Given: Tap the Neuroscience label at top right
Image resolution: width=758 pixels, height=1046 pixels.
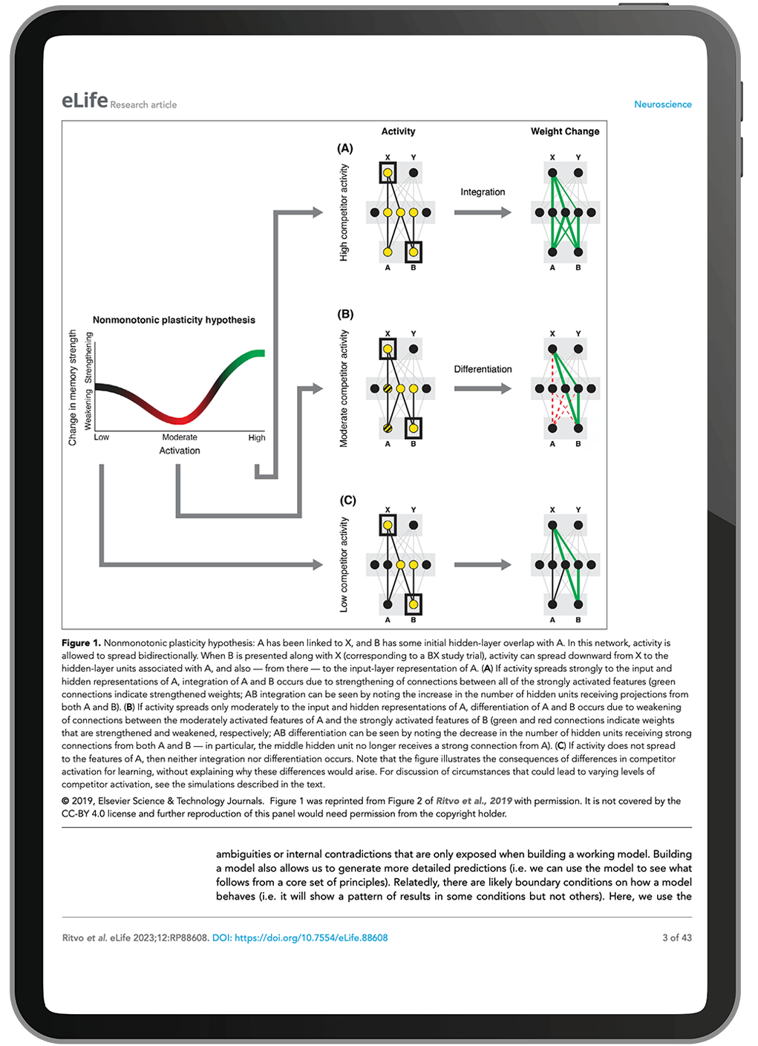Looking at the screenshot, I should tap(662, 105).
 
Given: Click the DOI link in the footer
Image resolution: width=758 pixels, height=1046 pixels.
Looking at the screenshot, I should tap(300, 938).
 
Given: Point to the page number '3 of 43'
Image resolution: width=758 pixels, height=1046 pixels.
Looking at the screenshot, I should tap(676, 938).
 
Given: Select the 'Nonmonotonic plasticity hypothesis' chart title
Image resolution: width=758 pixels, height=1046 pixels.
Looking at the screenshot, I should tap(174, 320).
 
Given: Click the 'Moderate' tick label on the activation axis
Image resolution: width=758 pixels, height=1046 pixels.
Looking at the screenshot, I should tap(180, 437).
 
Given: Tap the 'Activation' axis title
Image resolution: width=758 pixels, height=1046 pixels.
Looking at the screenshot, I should tap(180, 451).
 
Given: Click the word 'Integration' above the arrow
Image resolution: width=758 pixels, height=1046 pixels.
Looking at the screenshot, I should tap(483, 192).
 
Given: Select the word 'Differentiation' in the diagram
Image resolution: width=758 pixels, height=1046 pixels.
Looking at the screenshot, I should tap(483, 369).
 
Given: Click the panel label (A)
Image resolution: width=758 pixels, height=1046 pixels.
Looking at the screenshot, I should tap(345, 148).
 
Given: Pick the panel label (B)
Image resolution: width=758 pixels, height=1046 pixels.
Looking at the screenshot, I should tap(345, 314).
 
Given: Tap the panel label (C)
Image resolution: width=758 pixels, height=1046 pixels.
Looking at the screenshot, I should tap(347, 500).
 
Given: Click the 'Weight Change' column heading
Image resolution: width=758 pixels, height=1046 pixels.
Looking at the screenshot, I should tap(565, 131).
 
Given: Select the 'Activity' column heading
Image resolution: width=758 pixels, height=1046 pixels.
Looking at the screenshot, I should tap(398, 131).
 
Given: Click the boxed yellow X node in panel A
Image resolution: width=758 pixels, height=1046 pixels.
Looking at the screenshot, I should tap(388, 173).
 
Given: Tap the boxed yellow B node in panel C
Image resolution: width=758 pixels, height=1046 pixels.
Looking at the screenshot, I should tap(414, 604).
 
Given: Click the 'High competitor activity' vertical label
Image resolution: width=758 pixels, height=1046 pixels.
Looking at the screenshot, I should tap(344, 212).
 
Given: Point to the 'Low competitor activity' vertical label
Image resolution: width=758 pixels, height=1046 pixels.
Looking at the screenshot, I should tap(344, 565).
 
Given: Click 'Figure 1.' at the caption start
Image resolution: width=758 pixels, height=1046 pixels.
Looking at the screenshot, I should tap(81, 643).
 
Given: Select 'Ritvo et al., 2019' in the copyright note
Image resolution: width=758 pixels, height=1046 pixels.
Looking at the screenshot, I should tap(474, 801).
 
